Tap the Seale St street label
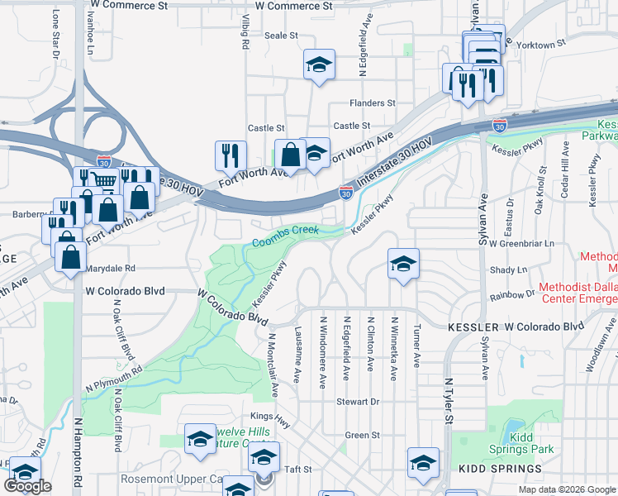click(281, 36)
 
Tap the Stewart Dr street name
click(357, 402)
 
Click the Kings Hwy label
click(272, 419)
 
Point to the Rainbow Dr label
click(512, 294)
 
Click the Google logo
click(27, 486)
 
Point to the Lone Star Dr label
click(56, 33)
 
